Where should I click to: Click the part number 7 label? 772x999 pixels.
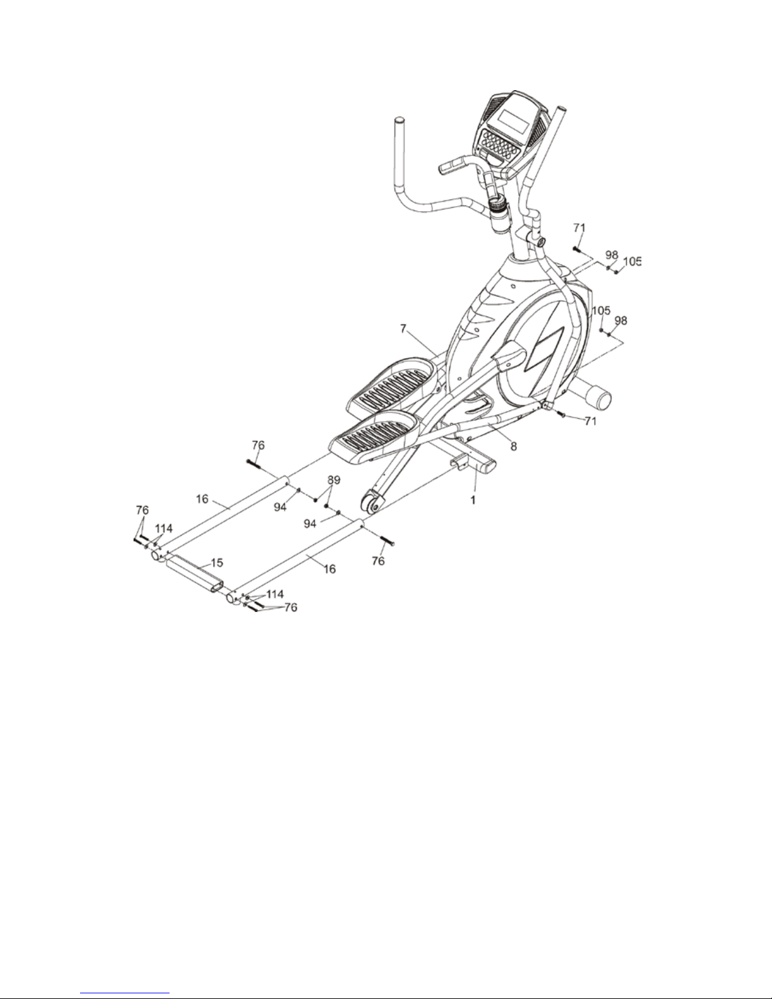pos(403,329)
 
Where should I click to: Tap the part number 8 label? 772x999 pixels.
pos(513,446)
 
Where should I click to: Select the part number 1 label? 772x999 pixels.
pos(473,500)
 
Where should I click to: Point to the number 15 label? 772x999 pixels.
pos(216,563)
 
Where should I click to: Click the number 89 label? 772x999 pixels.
pos(333,480)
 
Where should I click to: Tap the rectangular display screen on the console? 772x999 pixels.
pos(515,120)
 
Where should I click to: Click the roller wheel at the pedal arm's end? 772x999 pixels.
pos(372,502)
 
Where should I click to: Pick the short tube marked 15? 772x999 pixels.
pos(195,574)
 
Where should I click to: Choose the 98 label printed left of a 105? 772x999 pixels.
pos(611,255)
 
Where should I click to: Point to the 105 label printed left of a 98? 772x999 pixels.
pos(601,311)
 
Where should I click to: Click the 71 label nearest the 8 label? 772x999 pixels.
pos(590,420)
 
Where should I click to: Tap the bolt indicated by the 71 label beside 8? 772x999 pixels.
pos(562,415)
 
